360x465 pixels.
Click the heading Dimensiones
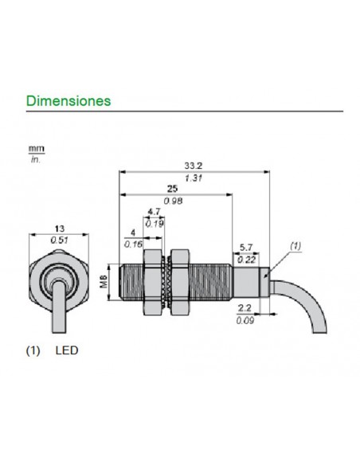68,102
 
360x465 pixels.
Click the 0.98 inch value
174,202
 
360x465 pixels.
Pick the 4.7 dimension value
154,213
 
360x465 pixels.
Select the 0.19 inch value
155,224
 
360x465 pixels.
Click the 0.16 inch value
131,243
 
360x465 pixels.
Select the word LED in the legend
67,349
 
